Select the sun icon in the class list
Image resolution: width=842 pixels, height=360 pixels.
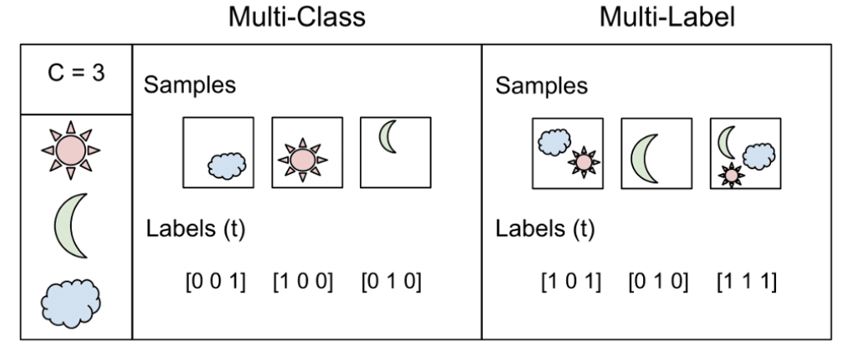coord(72,149)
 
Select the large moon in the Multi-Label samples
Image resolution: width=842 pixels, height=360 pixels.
coord(645,158)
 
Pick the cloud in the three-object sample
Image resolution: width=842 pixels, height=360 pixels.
coord(757,153)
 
